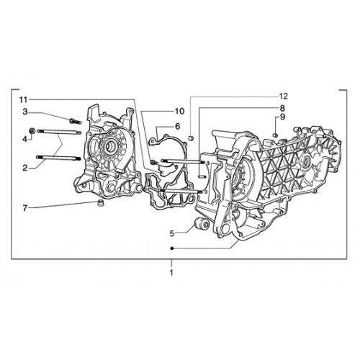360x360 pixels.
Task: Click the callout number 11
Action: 24,99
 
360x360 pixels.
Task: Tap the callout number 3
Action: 25,112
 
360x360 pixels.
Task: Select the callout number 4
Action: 25,139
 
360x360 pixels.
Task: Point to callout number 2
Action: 25,168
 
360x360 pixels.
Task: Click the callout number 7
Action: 25,208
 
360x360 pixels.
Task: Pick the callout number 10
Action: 179,111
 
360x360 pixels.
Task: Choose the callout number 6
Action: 177,126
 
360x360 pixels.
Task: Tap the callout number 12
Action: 283,96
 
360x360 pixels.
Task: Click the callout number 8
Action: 282,108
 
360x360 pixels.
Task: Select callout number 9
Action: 282,117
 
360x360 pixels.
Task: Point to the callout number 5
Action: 172,233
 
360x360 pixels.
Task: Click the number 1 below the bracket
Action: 171,273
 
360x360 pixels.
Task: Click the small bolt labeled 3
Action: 75,121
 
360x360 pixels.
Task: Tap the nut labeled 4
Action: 32,131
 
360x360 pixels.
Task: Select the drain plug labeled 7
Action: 99,202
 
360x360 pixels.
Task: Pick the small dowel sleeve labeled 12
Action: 191,138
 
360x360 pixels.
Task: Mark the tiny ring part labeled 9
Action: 276,135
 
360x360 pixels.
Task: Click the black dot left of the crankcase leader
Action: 171,249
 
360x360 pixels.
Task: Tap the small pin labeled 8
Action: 202,177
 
